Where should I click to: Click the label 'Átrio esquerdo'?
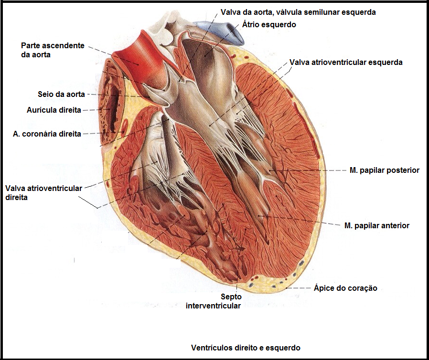[269, 24]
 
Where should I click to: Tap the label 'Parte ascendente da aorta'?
[53, 50]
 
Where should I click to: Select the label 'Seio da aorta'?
[61, 94]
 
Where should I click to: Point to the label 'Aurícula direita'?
[54, 110]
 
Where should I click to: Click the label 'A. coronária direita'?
[47, 134]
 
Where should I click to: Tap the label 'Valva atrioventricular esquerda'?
[346, 62]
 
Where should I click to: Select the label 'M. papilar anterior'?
[376, 225]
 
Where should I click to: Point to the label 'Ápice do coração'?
[345, 288]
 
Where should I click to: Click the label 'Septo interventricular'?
[213, 301]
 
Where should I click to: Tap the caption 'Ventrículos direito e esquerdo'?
[246, 347]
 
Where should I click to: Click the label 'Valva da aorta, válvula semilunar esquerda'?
[298, 12]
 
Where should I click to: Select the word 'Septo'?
[231, 296]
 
